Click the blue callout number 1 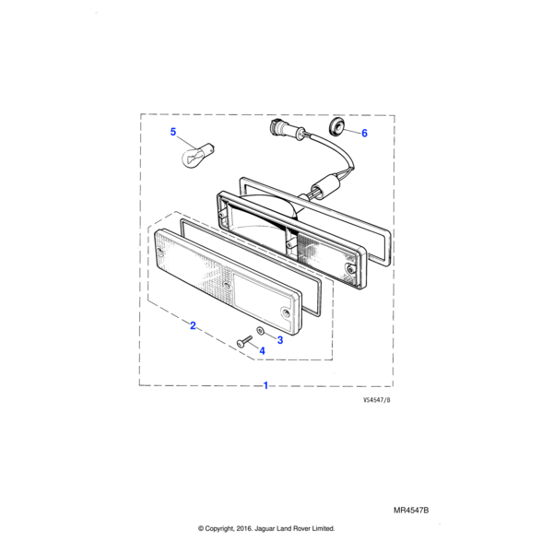pos(266,385)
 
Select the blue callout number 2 pos(193,325)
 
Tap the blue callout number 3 pos(280,340)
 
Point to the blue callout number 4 pos(262,350)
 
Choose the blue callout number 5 pos(173,132)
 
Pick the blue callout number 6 pos(364,133)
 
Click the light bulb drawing pos(198,156)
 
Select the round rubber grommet pos(335,127)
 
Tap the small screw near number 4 pos(245,341)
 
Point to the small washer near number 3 pos(260,331)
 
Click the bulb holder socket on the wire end pos(285,130)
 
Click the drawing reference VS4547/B pos(377,400)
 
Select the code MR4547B pos(411,511)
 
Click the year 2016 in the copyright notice pos(244,528)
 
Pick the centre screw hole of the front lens pos(227,286)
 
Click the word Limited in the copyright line pos(323,528)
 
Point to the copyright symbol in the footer pos(201,528)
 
